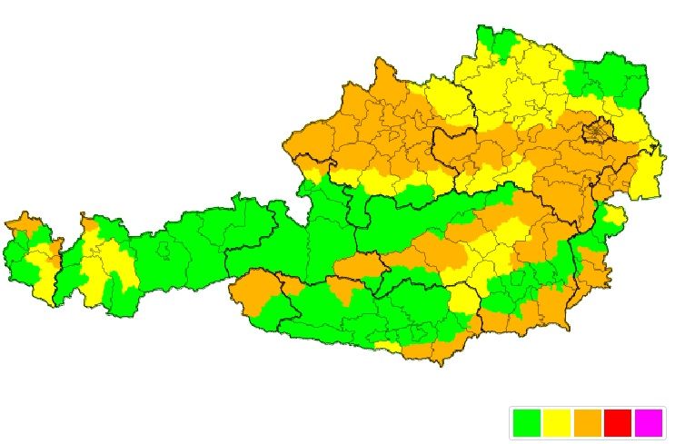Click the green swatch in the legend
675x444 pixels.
pos(527,422)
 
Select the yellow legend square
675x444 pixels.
pos(557,422)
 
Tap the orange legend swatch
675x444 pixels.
pos(587,422)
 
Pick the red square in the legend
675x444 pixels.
pos(618,422)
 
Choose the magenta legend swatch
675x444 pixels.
pos(648,422)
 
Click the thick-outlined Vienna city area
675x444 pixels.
pos(599,132)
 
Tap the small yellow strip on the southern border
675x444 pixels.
pos(388,346)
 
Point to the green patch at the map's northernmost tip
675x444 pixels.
pos(500,41)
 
